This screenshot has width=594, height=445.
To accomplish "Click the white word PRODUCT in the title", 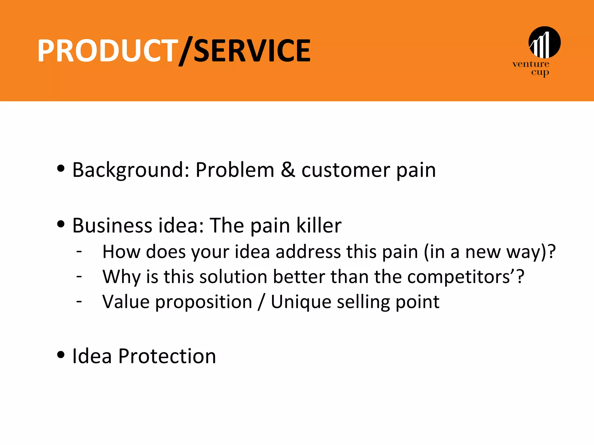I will [x=107, y=51].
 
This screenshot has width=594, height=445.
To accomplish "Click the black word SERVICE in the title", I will [x=252, y=51].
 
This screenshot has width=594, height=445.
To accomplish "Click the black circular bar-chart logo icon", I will [x=544, y=42].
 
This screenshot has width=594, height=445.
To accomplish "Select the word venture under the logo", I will [x=530, y=64].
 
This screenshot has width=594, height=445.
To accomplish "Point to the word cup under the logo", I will [x=540, y=72].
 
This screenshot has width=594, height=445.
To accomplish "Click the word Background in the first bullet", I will [x=130, y=170].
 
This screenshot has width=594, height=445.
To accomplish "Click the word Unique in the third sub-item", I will [x=301, y=302].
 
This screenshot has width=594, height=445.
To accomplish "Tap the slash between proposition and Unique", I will [x=261, y=302].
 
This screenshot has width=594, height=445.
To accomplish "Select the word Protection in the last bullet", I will [x=167, y=356].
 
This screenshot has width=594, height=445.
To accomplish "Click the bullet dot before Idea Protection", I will [x=61, y=355].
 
